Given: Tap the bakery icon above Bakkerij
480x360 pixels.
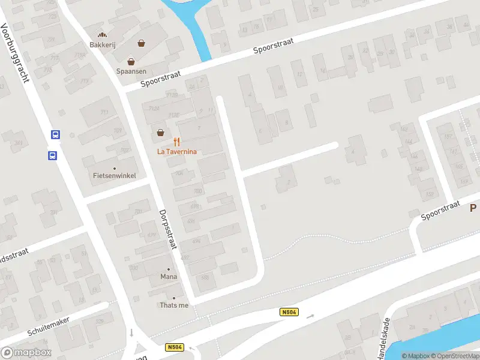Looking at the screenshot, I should [x=102, y=35].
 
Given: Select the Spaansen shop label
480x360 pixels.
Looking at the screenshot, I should [x=131, y=70].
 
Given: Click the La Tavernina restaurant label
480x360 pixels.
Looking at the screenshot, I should [x=177, y=152].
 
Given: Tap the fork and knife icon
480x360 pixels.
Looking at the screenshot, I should [x=176, y=142].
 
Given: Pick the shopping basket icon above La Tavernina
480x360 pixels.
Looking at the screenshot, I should [x=160, y=133].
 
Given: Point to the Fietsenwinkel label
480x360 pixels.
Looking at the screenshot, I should [x=115, y=176].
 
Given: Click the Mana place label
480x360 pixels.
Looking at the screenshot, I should [x=169, y=277].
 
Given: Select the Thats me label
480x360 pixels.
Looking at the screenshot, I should [x=174, y=305].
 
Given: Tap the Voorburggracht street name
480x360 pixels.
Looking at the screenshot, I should [x=16, y=53].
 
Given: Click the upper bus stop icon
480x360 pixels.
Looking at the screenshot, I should [x=55, y=135].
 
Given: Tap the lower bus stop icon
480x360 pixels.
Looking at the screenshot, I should [x=52, y=156].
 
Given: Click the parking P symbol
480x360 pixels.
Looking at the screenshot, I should [x=473, y=208].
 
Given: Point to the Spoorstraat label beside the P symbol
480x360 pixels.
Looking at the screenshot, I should [x=440, y=210].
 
